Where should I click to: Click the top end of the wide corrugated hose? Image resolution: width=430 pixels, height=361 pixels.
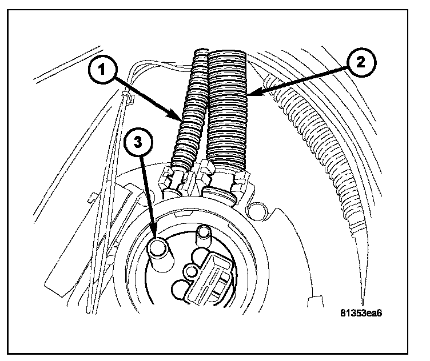click(226, 56)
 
